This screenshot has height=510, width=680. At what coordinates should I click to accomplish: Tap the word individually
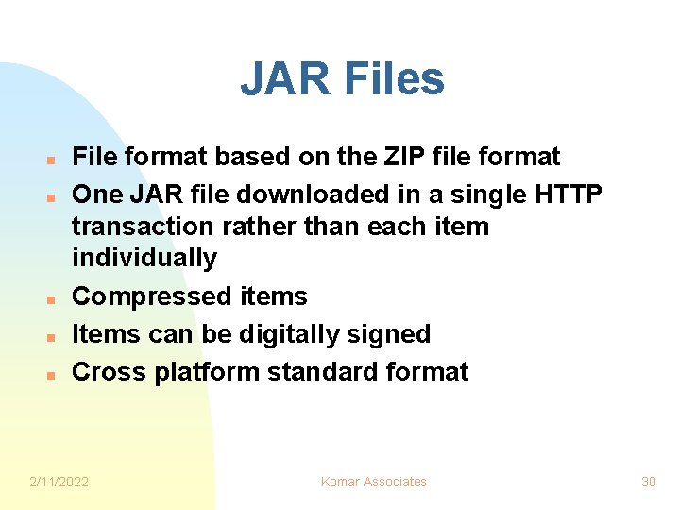144,258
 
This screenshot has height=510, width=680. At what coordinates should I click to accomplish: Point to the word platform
207,372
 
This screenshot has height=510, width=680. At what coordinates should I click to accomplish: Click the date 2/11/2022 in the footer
59,482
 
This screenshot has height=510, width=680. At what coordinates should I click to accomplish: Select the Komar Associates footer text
373,482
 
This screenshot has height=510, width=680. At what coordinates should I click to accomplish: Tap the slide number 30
648,482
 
